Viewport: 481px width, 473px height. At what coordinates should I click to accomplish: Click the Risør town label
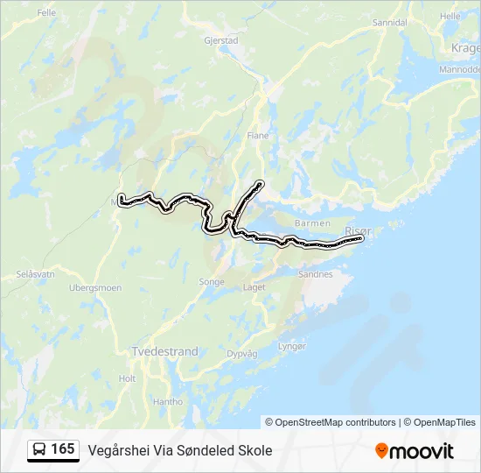(359, 230)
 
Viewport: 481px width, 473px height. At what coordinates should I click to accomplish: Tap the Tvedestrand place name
(164, 351)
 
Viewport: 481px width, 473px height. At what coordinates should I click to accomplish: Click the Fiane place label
(258, 136)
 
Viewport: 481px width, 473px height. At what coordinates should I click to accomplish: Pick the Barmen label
(312, 223)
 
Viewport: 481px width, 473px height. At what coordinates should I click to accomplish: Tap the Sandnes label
(316, 274)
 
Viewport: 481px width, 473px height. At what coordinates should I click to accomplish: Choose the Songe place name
(212, 282)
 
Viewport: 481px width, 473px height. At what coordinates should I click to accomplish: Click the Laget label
(254, 286)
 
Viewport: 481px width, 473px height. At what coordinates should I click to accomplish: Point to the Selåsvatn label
(35, 274)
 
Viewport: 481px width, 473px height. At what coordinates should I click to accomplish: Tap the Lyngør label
(292, 346)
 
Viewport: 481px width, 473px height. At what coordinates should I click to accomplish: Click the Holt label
(127, 378)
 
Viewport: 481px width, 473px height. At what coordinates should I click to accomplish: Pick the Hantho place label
(167, 401)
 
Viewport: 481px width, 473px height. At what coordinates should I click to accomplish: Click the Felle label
(46, 13)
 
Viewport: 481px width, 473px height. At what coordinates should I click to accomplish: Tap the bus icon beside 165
(39, 450)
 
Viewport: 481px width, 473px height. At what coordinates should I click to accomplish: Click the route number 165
(63, 449)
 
